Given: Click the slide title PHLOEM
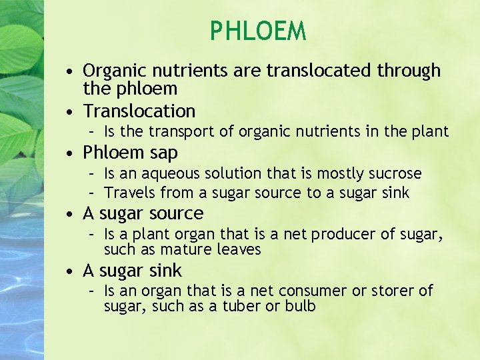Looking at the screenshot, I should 258,31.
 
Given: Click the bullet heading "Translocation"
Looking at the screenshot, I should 139,111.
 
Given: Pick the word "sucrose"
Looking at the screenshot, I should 395,174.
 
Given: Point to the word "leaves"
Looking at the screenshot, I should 239,250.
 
